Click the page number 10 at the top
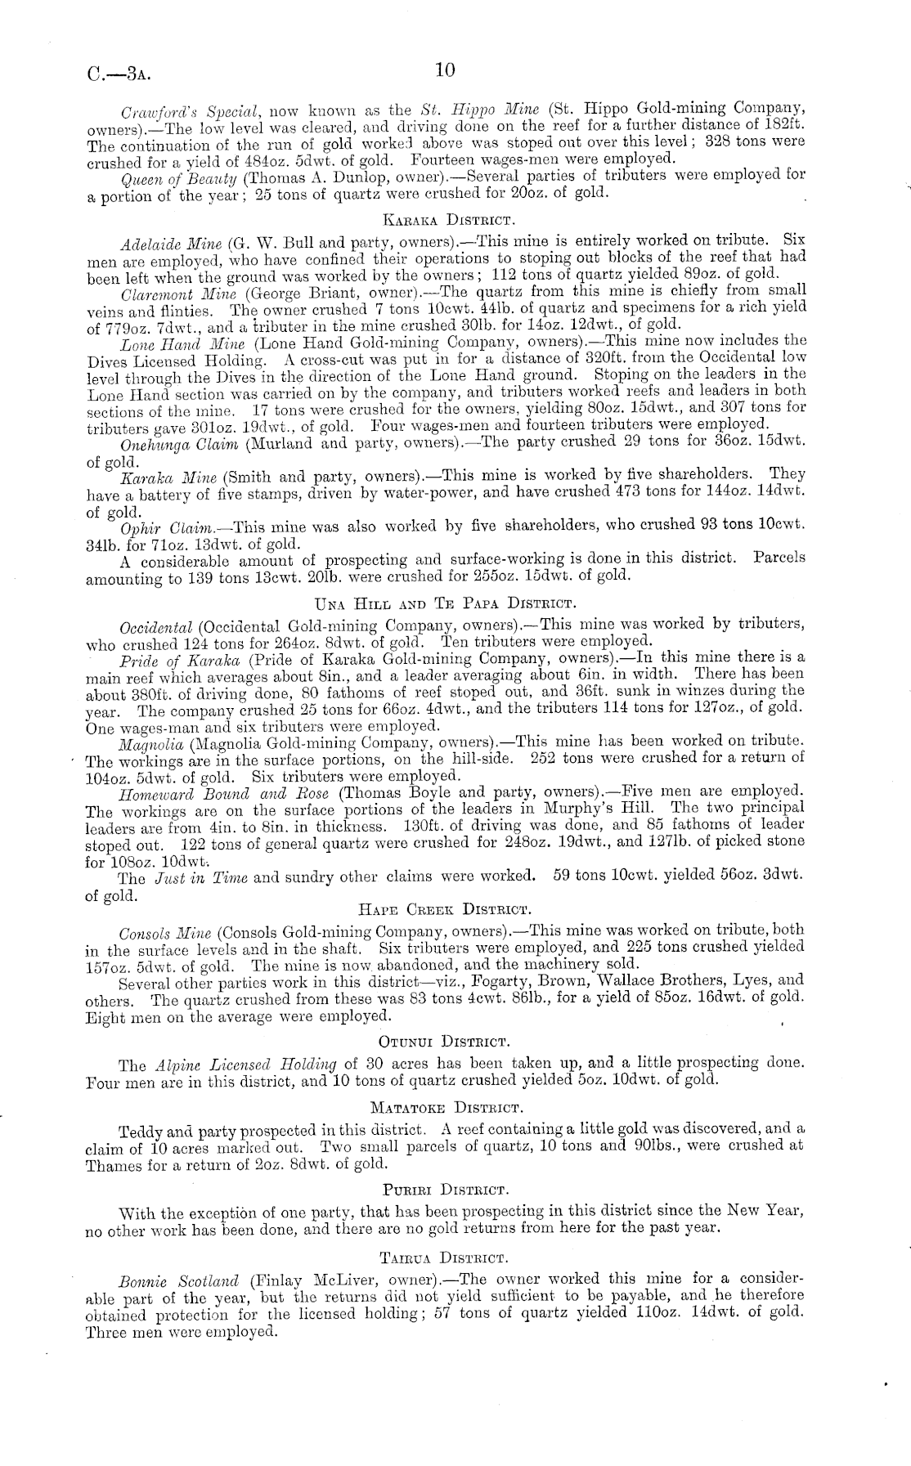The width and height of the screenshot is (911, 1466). click(x=445, y=69)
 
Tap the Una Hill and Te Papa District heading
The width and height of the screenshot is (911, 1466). click(x=446, y=604)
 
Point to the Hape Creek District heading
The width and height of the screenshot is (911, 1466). click(x=446, y=908)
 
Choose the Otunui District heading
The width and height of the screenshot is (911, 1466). click(x=445, y=1041)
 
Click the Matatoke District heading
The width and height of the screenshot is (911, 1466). click(x=446, y=1108)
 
